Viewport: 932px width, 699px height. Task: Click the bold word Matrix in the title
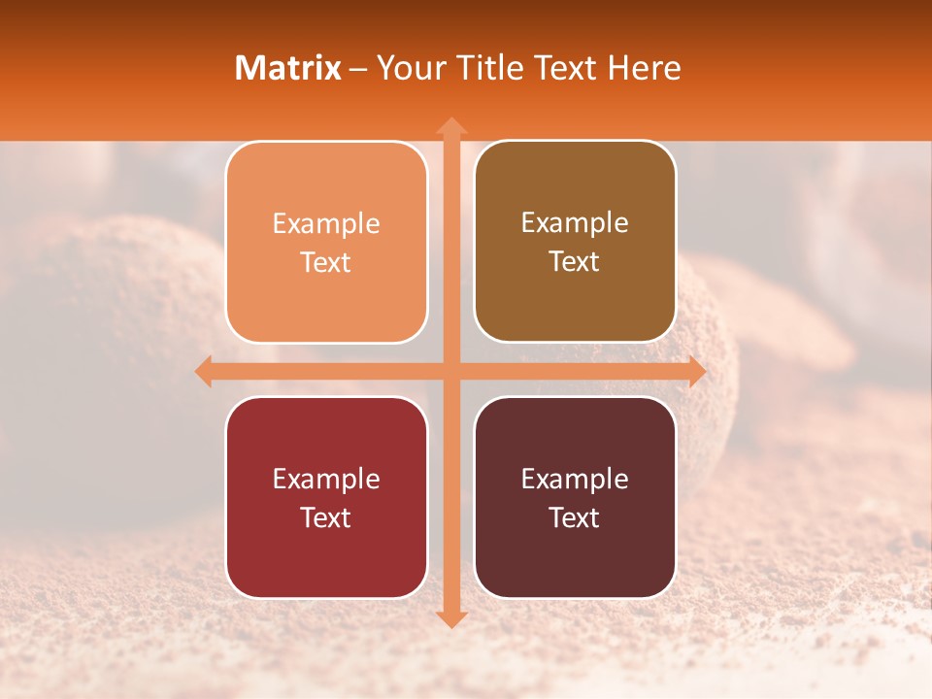point(288,68)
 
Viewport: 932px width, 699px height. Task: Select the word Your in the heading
point(406,68)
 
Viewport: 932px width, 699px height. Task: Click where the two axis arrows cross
point(450,371)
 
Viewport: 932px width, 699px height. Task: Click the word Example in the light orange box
point(326,224)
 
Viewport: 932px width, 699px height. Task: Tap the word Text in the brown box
point(575,262)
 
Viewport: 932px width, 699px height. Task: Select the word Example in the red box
point(326,480)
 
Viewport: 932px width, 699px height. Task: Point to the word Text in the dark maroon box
point(575,517)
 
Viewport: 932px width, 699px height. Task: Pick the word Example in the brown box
point(575,223)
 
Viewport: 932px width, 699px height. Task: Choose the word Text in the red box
point(326,517)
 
